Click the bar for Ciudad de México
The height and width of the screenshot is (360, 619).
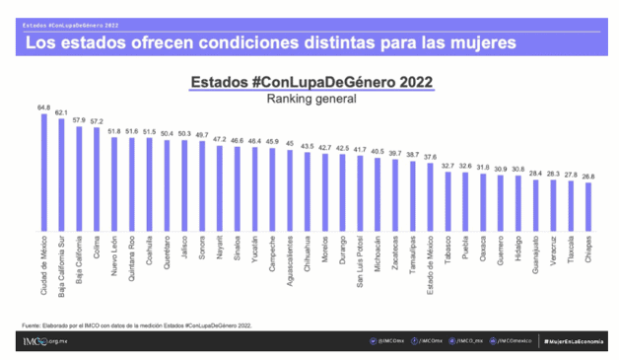[x=43, y=173]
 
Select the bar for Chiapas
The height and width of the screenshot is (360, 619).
[x=588, y=206]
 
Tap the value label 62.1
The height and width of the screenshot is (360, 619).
[x=61, y=113]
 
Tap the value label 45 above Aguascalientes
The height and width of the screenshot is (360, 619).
[x=289, y=143]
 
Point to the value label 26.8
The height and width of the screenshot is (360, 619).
[x=588, y=178]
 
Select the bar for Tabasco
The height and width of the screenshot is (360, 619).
[x=448, y=201]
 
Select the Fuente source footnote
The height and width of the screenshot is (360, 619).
[x=138, y=324]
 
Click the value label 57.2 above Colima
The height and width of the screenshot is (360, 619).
[x=96, y=120]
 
